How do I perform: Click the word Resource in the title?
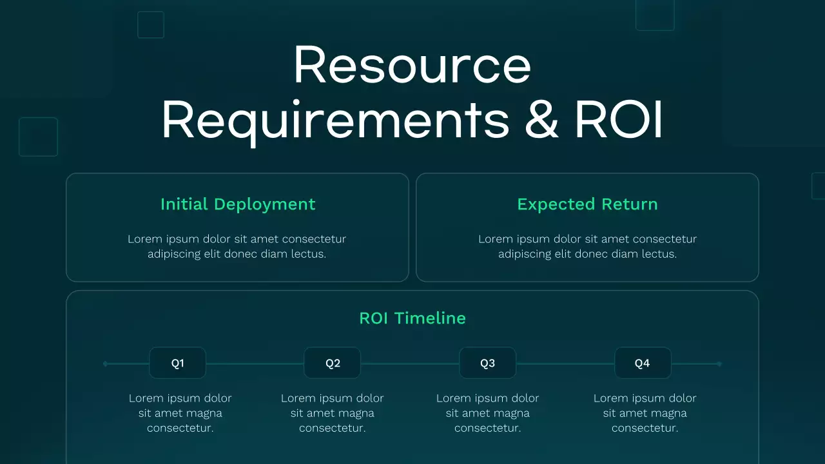click(412, 66)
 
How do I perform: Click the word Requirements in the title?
click(335, 119)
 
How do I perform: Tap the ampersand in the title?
click(541, 119)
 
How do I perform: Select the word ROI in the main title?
click(619, 119)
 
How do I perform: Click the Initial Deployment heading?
click(238, 204)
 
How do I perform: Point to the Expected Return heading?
click(587, 204)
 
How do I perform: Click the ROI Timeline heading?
click(412, 318)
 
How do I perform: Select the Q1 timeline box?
click(177, 363)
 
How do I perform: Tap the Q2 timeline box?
click(333, 363)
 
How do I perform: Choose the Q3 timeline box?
click(487, 363)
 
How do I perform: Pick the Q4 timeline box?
click(643, 363)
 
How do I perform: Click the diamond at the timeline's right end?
click(719, 364)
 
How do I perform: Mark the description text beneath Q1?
click(180, 413)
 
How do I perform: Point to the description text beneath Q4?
click(645, 413)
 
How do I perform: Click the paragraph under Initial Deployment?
click(237, 246)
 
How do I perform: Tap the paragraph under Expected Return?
click(587, 246)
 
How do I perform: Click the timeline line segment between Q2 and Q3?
click(410, 364)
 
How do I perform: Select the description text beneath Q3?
click(487, 413)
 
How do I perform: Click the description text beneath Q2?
click(332, 413)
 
